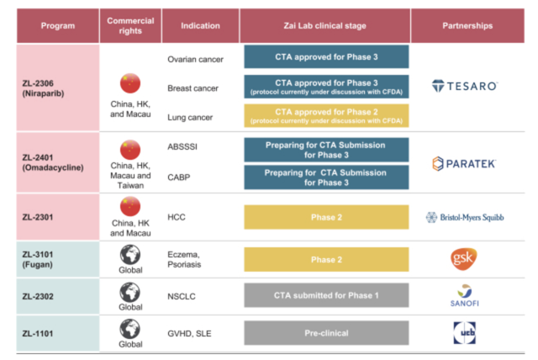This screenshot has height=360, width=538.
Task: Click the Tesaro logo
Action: click(x=465, y=86)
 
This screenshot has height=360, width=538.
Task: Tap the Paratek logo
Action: click(x=464, y=164)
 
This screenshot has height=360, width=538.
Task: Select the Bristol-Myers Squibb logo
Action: click(x=465, y=217)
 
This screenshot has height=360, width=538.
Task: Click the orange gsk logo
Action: click(x=464, y=259)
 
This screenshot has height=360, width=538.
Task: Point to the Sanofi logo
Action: click(x=465, y=295)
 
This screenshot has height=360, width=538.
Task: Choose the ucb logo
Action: click(x=465, y=332)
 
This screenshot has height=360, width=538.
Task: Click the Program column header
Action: click(x=58, y=26)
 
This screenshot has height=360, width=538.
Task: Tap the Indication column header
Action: click(x=200, y=26)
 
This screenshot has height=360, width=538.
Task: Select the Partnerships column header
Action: click(x=467, y=26)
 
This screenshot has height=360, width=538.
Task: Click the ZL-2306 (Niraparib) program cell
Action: click(x=58, y=87)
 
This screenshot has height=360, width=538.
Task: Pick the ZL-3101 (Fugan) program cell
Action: click(x=58, y=259)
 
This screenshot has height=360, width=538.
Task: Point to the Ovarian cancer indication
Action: click(x=195, y=60)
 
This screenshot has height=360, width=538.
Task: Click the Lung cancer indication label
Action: click(x=190, y=118)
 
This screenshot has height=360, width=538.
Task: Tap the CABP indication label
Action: click(x=179, y=177)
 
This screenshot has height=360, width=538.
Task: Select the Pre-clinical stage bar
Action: click(x=326, y=333)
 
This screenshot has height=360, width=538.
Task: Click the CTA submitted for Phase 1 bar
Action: click(x=326, y=295)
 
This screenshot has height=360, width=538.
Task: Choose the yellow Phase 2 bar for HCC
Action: click(x=326, y=217)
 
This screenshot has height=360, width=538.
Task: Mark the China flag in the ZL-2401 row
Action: click(x=130, y=150)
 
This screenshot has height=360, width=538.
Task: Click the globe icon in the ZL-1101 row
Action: click(x=130, y=329)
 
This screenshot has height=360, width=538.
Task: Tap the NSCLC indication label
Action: click(x=182, y=296)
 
